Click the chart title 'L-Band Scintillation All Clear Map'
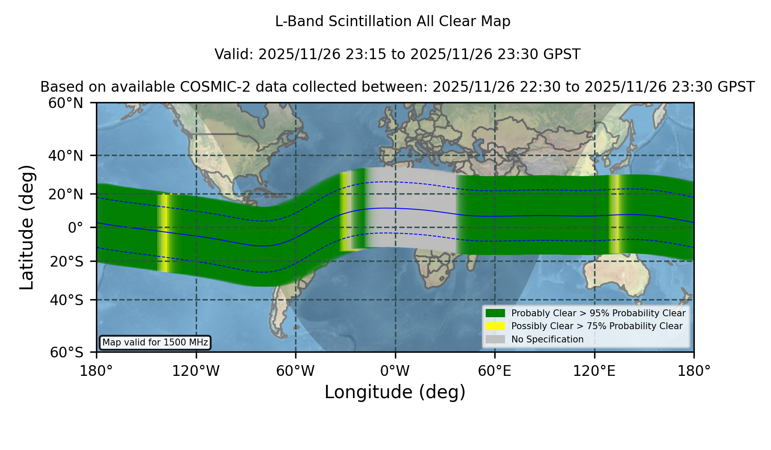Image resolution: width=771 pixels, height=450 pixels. coord(393,21)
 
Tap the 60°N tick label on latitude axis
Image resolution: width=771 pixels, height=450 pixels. coord(66,103)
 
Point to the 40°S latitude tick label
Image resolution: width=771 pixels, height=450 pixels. coord(66,300)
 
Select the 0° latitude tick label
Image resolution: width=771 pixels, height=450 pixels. coord(75,228)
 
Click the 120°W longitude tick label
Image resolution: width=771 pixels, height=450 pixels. coord(196,371)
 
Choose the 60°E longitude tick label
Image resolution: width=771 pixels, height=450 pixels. coord(495,371)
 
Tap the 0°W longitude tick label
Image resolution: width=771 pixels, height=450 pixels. coord(395,371)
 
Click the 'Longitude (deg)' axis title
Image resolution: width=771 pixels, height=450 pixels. coord(395,392)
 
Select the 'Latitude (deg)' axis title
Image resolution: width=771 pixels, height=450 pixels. coord(27,228)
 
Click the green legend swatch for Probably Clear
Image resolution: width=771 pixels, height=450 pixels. coord(495,313)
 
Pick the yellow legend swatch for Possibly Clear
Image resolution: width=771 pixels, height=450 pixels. coord(495,326)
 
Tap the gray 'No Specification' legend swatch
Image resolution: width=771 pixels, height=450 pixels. coord(495,339)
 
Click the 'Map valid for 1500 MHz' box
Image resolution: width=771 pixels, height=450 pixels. coord(155,342)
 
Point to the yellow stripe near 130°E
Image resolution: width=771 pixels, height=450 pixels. coord(616,214)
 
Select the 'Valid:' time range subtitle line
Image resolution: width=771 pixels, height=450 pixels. coord(397,54)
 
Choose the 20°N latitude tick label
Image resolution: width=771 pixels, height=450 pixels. coord(66,194)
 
